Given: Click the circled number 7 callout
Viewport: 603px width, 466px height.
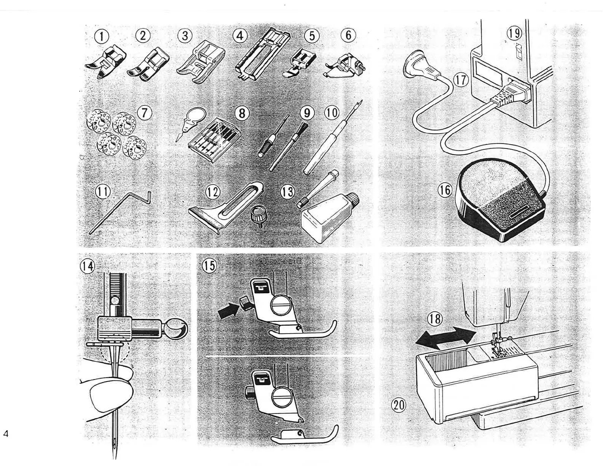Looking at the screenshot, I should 145,113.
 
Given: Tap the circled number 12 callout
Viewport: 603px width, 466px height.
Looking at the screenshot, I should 212,191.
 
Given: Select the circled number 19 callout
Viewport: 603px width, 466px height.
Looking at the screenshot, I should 514,33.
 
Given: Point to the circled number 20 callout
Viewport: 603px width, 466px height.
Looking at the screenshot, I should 399,404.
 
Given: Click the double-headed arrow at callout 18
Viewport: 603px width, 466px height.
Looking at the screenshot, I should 445,337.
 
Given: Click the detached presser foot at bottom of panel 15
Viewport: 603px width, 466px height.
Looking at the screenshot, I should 305,434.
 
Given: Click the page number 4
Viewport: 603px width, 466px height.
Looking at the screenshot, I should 6,433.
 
